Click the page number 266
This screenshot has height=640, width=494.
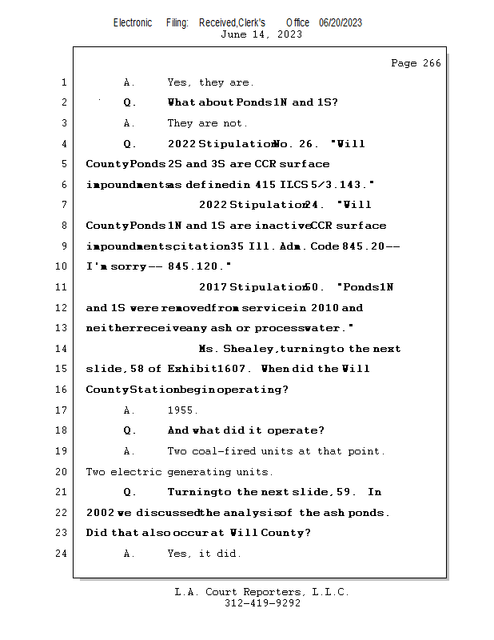click(428, 63)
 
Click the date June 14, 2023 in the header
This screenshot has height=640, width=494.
click(261, 34)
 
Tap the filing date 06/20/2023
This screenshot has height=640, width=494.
click(341, 23)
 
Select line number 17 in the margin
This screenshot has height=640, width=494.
click(63, 410)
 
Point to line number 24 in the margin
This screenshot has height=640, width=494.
click(63, 554)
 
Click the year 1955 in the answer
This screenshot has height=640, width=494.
click(182, 410)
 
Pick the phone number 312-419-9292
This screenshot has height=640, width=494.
click(262, 603)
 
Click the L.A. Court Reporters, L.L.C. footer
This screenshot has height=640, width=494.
click(261, 592)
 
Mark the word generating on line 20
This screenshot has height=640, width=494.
click(200, 472)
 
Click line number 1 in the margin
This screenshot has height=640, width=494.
click(63, 82)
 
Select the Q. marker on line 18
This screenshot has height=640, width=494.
click(129, 430)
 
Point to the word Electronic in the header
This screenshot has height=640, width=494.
click(133, 23)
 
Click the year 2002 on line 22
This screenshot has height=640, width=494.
click(99, 513)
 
